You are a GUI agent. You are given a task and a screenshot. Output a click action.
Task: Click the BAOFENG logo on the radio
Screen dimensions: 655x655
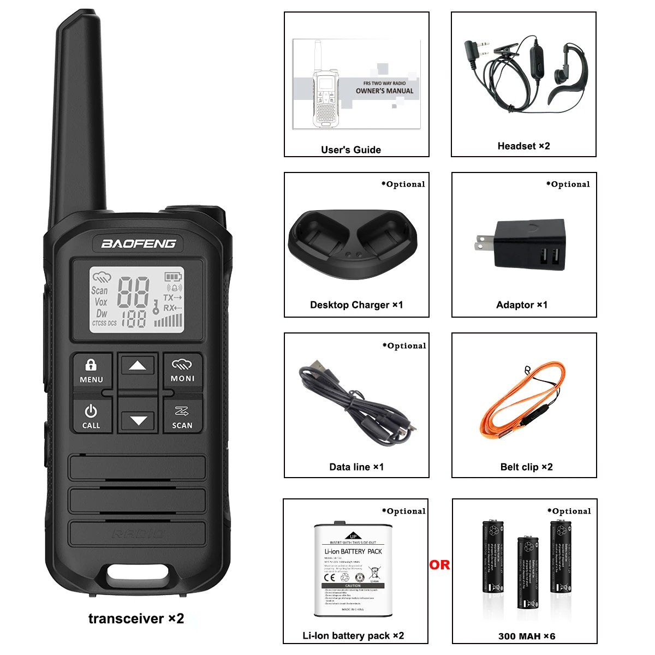pos(139,243)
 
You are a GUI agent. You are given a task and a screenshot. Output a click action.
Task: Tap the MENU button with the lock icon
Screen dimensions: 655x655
pos(91,371)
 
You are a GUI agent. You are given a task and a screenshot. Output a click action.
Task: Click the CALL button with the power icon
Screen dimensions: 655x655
pos(91,416)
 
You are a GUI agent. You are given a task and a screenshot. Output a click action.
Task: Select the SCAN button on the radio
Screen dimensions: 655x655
pos(182,417)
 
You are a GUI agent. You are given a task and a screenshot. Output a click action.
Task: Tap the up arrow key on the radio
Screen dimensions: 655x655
pos(138,366)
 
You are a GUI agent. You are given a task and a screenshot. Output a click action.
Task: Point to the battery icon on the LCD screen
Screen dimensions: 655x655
pos(174,276)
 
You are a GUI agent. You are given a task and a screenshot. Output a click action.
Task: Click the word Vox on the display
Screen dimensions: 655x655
pos(101,302)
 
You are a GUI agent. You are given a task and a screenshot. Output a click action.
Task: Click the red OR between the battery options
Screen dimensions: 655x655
pos(439,565)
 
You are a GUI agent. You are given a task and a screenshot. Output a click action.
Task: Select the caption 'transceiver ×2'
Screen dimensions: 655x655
pos(136,618)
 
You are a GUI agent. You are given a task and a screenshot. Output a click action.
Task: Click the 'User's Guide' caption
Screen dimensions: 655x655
pos(351,150)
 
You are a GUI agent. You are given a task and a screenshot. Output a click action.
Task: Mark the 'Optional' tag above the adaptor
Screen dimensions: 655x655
pos(568,184)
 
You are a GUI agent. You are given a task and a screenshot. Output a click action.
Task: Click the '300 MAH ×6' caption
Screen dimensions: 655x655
pos(527,636)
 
